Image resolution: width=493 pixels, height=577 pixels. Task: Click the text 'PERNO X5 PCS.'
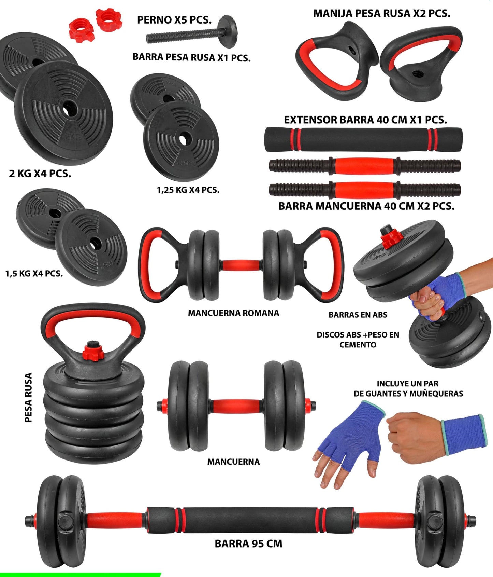click(x=174, y=20)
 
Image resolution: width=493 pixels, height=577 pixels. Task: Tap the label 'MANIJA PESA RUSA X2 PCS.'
click(x=381, y=14)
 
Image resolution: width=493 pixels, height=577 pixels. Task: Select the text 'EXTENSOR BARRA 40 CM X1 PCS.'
click(x=365, y=120)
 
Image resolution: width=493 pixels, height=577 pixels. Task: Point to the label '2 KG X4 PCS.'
click(x=40, y=174)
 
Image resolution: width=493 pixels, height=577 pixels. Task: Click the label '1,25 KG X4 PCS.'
click(x=188, y=190)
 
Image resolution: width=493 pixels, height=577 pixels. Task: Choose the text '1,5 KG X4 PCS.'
click(x=34, y=274)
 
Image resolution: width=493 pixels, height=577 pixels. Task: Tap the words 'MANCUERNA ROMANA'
click(x=233, y=313)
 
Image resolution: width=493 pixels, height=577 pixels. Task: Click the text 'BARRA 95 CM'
click(x=248, y=544)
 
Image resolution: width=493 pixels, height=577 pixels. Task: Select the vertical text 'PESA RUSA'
click(x=29, y=397)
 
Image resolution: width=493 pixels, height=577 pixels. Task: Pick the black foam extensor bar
click(x=363, y=139)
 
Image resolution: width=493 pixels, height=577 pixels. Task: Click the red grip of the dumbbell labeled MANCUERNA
click(x=237, y=406)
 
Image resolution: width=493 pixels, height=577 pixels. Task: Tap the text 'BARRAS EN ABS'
click(x=358, y=315)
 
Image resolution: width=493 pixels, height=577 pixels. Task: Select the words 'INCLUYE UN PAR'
click(x=407, y=384)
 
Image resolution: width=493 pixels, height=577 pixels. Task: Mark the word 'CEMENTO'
click(x=358, y=345)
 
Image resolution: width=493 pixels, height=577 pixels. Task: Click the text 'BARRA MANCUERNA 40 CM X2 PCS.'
click(x=366, y=206)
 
